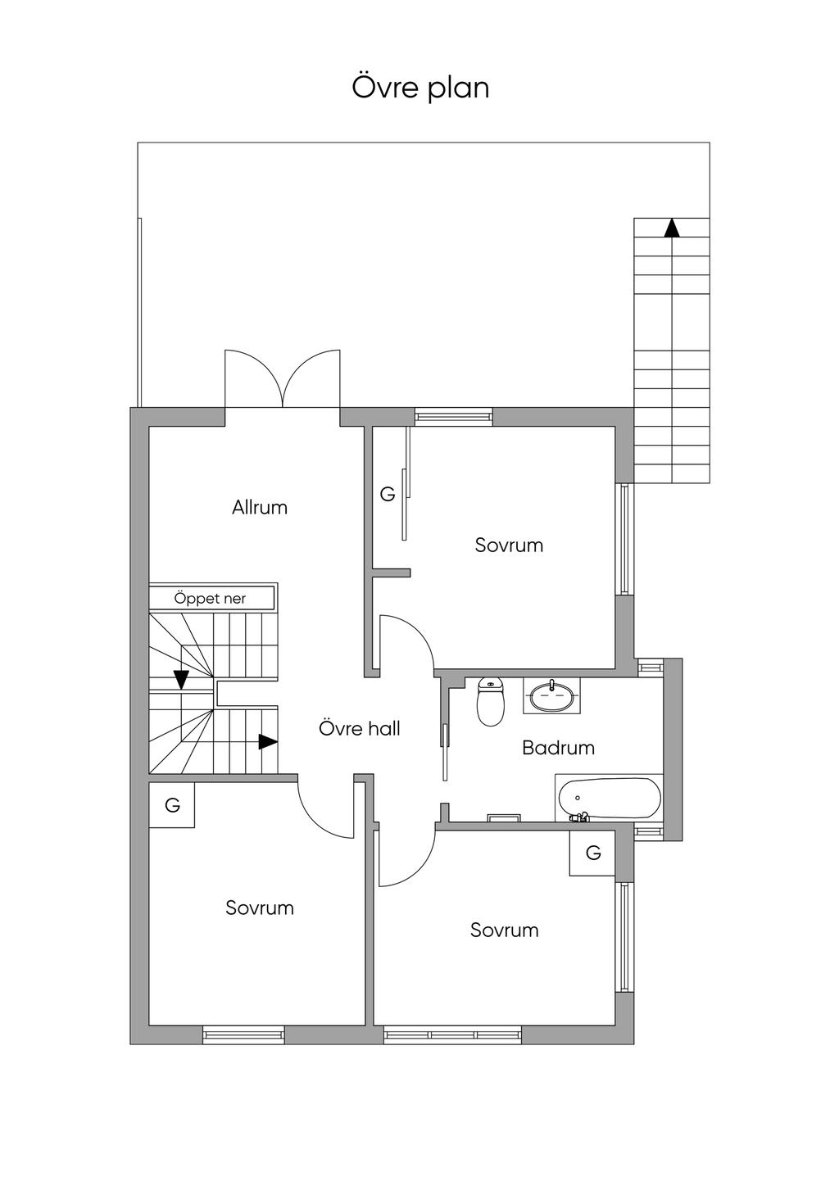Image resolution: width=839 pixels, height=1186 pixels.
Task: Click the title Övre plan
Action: [x=420, y=88]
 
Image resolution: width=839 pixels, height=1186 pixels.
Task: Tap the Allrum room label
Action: [x=260, y=507]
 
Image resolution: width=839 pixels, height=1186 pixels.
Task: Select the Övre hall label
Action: [x=359, y=728]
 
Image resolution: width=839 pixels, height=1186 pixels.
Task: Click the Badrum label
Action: [x=558, y=748]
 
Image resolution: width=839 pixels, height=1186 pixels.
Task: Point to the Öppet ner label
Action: [x=210, y=599]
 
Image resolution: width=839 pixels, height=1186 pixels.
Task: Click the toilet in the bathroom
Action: [x=491, y=702]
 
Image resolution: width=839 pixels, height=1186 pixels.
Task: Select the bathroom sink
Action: [x=551, y=695]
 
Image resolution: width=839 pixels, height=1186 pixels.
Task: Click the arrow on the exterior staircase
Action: [x=672, y=228]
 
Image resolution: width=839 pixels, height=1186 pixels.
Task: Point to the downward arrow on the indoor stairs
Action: [x=181, y=680]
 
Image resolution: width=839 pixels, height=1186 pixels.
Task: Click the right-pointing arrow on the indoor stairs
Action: [x=268, y=742]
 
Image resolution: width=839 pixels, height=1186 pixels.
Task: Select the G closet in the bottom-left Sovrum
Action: [x=172, y=805]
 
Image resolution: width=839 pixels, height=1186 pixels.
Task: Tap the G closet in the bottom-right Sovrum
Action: [x=592, y=853]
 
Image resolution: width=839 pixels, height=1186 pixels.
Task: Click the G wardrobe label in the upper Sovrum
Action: [x=388, y=494]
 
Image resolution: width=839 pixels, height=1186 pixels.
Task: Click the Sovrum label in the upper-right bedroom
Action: [x=509, y=545]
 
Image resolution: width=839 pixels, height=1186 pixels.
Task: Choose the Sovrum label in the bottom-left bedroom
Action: [x=260, y=908]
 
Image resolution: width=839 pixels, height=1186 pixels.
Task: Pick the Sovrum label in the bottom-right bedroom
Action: [x=504, y=930]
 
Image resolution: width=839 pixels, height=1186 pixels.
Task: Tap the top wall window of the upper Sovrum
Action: [x=453, y=417]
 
